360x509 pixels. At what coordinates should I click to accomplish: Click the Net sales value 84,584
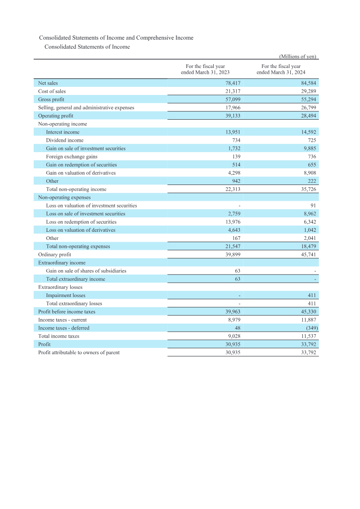pyautogui.click(x=308, y=83)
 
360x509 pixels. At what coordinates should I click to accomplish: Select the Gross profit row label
pyautogui.click(x=51, y=99)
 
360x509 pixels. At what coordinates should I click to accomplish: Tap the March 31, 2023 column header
pyautogui.click(x=205, y=69)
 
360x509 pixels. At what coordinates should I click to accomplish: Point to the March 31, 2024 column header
pyautogui.click(x=281, y=69)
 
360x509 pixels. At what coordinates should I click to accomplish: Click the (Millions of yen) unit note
pyautogui.click(x=298, y=57)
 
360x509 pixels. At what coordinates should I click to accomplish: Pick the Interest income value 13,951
pyautogui.click(x=233, y=132)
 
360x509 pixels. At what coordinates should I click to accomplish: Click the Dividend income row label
pyautogui.click(x=64, y=140)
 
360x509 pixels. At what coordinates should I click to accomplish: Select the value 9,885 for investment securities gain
pyautogui.click(x=310, y=149)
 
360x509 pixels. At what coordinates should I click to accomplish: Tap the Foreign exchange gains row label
pyautogui.click(x=72, y=157)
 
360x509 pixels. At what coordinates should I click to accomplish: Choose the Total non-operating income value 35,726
pyautogui.click(x=308, y=189)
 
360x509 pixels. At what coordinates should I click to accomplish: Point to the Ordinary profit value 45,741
pyautogui.click(x=308, y=255)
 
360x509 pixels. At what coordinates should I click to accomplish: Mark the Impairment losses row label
pyautogui.click(x=66, y=296)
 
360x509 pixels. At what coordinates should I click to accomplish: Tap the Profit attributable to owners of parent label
pyautogui.click(x=79, y=353)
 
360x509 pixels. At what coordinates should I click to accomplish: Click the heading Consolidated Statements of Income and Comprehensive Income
pyautogui.click(x=116, y=38)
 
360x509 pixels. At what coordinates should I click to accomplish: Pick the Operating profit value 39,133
pyautogui.click(x=233, y=116)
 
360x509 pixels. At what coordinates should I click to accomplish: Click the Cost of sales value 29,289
pyautogui.click(x=308, y=91)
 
